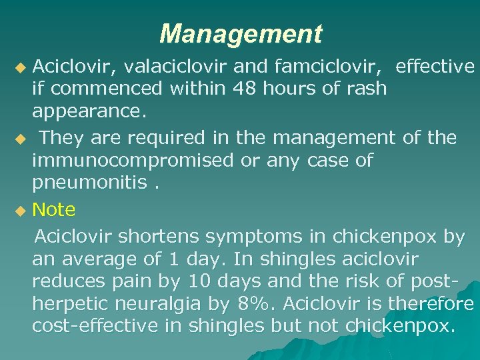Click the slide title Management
[241, 33]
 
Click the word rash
[367, 88]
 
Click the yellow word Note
[54, 210]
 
